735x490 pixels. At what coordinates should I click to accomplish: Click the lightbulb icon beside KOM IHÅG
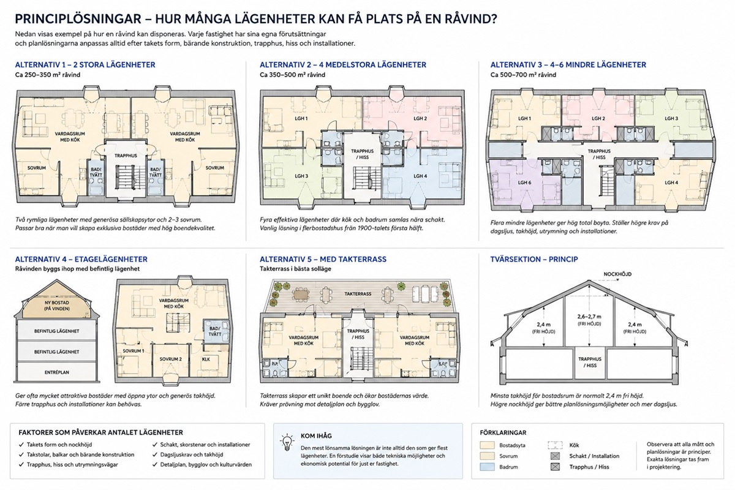287,442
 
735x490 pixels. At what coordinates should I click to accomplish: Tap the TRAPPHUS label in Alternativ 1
126,156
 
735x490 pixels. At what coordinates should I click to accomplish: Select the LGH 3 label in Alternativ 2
301,176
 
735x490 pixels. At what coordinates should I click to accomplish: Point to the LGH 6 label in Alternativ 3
524,183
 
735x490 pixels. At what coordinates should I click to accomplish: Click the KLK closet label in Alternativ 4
206,359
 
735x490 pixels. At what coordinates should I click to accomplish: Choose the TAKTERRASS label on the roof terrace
358,294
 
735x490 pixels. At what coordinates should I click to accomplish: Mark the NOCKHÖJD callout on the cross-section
617,274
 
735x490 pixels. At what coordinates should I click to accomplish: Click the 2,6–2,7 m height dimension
589,317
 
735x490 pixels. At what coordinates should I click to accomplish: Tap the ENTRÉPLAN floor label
57,372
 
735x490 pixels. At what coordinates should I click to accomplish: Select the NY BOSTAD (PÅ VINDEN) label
57,306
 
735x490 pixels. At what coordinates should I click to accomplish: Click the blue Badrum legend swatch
487,467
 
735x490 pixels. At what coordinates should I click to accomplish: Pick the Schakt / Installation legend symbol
555,456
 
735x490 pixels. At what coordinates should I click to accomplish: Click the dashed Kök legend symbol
555,445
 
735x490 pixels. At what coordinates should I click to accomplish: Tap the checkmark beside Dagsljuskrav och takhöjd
154,454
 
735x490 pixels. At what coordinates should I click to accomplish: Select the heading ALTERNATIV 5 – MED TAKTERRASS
323,259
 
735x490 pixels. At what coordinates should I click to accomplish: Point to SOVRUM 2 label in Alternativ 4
171,359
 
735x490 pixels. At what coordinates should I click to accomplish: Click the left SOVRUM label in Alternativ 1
36,168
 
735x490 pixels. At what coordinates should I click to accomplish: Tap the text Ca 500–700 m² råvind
523,75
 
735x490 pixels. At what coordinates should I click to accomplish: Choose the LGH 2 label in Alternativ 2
420,118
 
